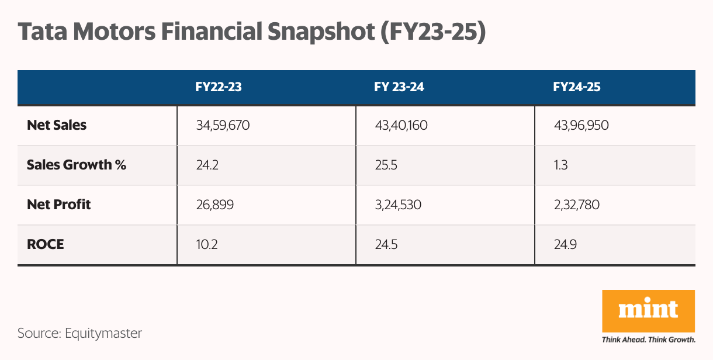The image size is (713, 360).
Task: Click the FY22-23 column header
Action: click(219, 88)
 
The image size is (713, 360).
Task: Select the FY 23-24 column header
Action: click(399, 88)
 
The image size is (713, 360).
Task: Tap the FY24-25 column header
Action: click(577, 88)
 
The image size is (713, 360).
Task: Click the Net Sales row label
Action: click(57, 124)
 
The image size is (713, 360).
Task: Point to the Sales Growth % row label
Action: click(77, 165)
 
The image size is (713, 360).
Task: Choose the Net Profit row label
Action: click(59, 205)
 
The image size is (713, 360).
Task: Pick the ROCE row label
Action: click(46, 244)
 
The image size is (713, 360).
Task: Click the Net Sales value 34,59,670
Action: click(223, 125)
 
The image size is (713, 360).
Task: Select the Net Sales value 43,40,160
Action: click(402, 125)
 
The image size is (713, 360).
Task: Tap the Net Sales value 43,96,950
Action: click(581, 125)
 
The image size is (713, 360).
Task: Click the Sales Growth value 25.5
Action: click(386, 165)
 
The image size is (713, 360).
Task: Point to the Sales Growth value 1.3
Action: click(560, 165)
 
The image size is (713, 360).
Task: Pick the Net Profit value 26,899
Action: click(214, 205)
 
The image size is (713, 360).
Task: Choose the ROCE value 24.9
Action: click(565, 244)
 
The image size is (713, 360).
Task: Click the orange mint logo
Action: click(648, 310)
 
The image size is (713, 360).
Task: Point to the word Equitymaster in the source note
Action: click(103, 333)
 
